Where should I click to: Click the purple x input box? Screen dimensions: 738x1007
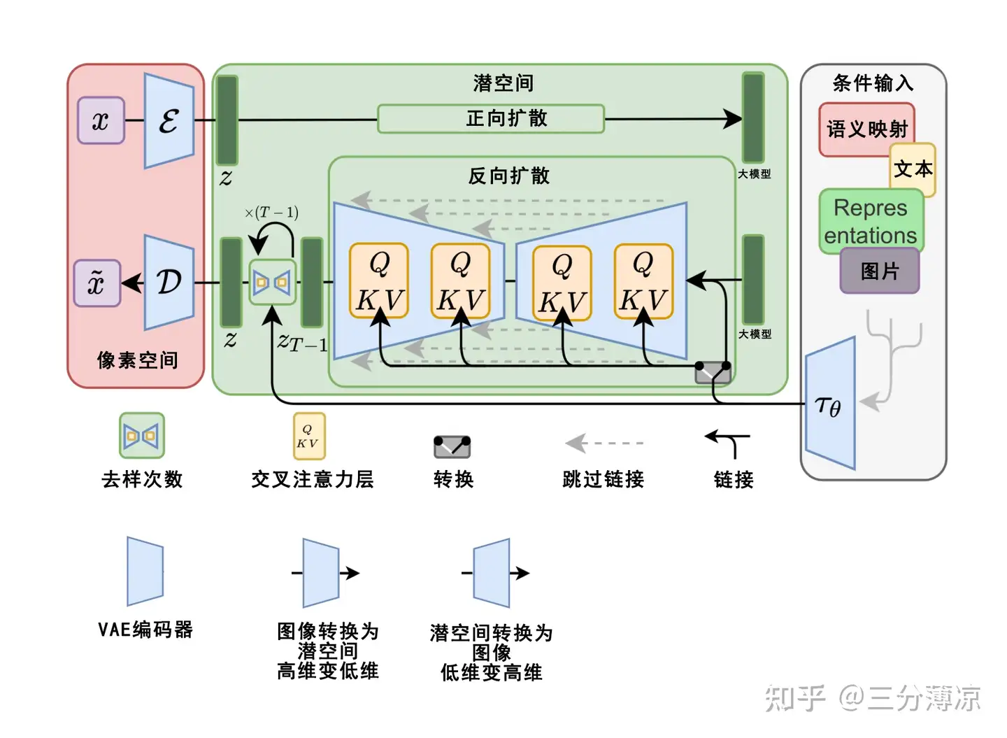tap(101, 120)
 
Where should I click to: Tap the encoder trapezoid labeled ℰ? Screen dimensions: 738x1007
tap(169, 121)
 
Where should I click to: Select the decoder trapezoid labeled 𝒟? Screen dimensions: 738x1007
tap(169, 282)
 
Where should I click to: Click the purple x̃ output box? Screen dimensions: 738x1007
tap(97, 283)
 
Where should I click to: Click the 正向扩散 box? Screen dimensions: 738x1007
tap(491, 118)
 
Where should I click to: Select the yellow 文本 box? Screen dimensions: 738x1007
tap(913, 169)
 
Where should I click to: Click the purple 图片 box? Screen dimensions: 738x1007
tap(880, 271)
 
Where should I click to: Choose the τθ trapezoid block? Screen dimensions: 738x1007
tap(830, 404)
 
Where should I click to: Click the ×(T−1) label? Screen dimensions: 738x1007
tap(271, 212)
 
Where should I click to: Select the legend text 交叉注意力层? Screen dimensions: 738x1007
tap(313, 479)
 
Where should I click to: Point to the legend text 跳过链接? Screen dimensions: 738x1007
tap(603, 479)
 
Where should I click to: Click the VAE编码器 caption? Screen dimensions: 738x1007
tap(145, 629)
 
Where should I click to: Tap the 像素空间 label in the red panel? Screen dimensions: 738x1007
tap(137, 360)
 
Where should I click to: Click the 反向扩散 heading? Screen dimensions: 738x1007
tap(508, 176)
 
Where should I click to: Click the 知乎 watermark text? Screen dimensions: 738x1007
tap(794, 697)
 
